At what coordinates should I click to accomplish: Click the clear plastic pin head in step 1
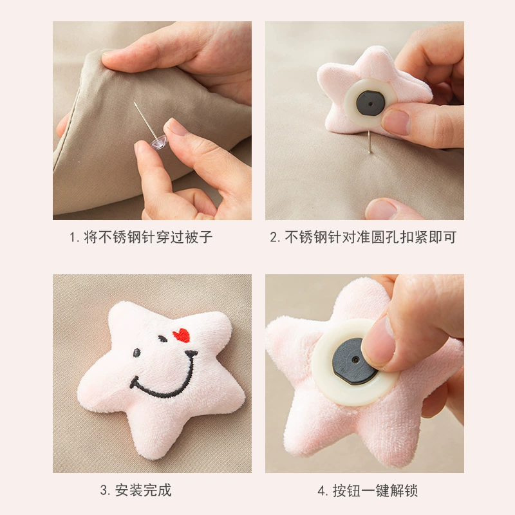[159, 142]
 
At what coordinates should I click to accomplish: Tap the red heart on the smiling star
[182, 335]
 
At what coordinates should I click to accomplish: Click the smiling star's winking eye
[162, 339]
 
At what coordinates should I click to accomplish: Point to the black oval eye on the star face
[136, 353]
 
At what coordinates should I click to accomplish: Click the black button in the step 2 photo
[370, 103]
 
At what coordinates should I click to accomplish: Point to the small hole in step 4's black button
[355, 360]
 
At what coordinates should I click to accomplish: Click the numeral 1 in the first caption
[72, 237]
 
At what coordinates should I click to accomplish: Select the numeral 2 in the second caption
[273, 237]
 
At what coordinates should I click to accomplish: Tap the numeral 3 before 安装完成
[104, 491]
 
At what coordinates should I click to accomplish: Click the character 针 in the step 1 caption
[149, 237]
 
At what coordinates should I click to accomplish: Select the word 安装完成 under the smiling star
[143, 491]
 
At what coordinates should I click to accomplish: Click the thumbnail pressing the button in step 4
[377, 342]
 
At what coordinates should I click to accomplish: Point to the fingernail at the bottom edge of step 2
[381, 209]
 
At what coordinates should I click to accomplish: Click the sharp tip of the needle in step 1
[135, 103]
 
